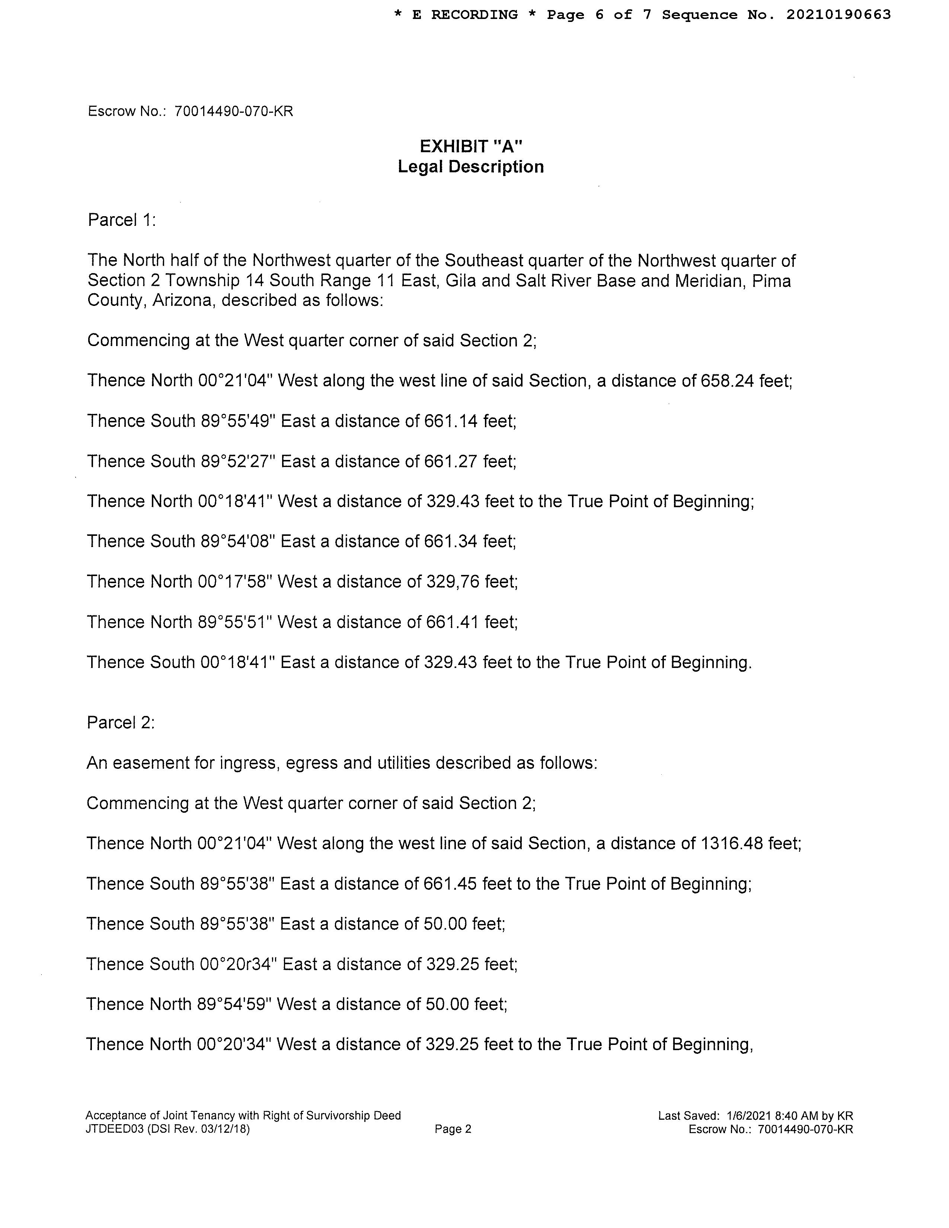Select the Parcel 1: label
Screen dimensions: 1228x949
tap(121, 220)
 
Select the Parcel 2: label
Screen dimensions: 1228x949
tap(120, 723)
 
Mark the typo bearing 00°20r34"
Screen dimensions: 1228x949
tap(239, 964)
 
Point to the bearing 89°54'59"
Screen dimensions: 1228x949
tap(235, 1004)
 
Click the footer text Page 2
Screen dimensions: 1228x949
tap(453, 1129)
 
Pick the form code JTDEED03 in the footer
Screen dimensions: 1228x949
tap(114, 1129)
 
